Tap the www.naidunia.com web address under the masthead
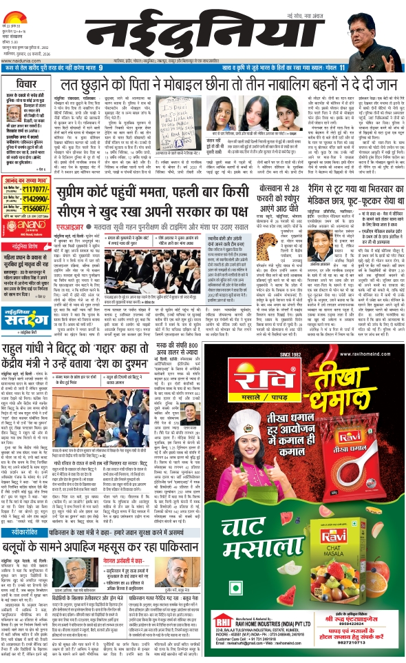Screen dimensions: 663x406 tap(23, 61)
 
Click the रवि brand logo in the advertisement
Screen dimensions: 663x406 tap(258, 386)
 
